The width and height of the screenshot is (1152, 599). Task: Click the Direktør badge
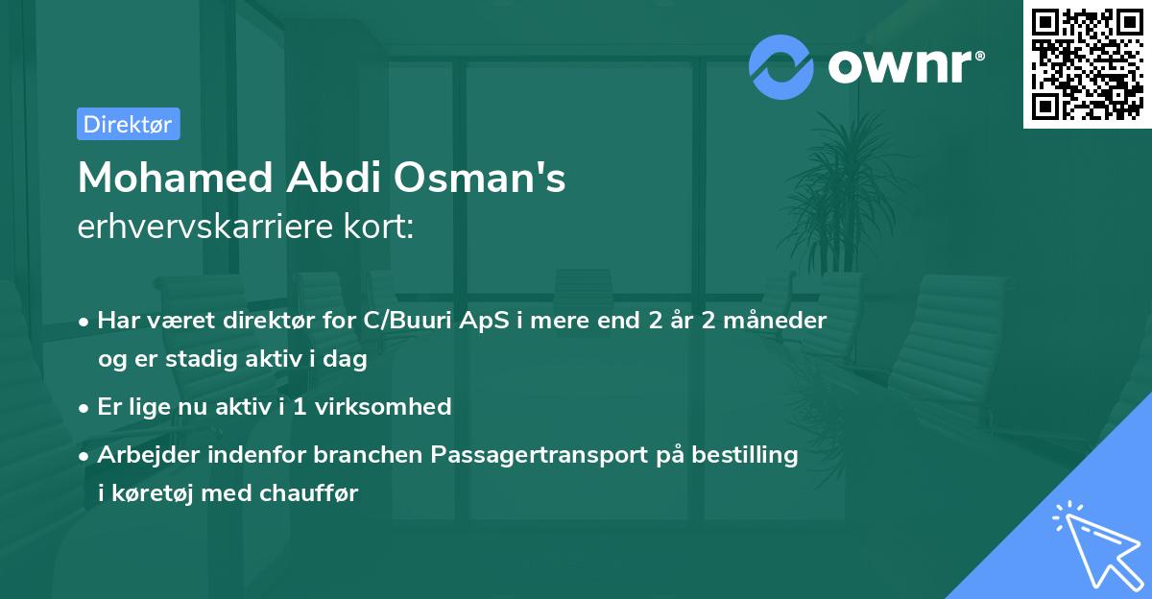128,124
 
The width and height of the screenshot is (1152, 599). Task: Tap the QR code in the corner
1087,64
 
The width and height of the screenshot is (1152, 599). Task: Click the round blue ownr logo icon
781,67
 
